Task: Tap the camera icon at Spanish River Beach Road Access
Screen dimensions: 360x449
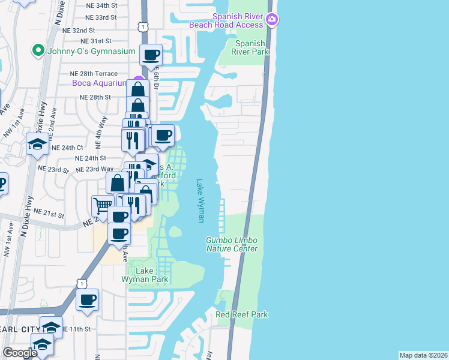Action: click(x=272, y=20)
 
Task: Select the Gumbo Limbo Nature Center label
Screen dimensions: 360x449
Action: click(x=232, y=244)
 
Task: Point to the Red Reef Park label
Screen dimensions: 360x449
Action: click(x=241, y=314)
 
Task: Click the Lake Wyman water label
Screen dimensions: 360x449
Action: click(x=200, y=201)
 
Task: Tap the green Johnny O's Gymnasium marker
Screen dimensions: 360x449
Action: click(x=38, y=50)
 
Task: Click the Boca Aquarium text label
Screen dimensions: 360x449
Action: click(x=99, y=83)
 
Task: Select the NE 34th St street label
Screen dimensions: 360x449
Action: click(x=101, y=5)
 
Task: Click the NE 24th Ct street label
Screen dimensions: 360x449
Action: click(x=67, y=148)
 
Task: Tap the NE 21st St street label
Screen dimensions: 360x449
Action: click(x=49, y=212)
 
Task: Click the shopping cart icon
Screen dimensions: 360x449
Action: click(x=103, y=206)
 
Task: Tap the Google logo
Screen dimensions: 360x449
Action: click(x=20, y=353)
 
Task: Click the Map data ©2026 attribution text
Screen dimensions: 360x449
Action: click(x=423, y=355)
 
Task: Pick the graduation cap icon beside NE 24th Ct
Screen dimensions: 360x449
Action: click(x=37, y=143)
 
